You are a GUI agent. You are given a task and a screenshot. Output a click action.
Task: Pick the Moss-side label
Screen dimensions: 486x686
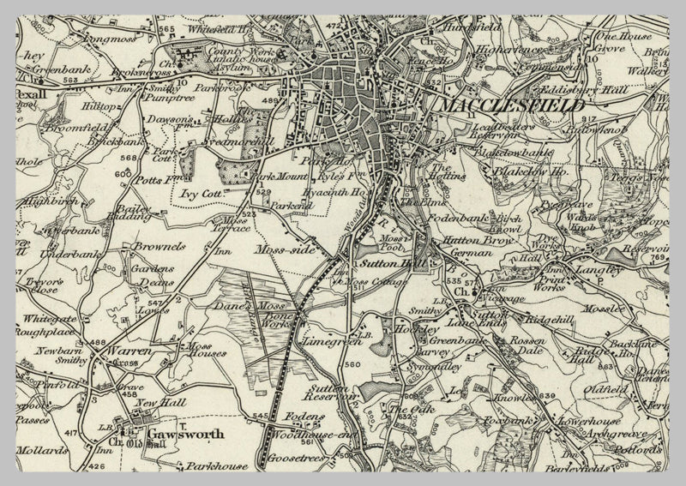286,249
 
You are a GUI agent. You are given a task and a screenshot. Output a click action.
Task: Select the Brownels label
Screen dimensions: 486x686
159,246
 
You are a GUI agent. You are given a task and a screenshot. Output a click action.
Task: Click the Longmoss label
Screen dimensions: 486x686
109,39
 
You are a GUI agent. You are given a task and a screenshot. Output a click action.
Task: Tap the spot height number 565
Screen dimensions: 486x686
165,30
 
